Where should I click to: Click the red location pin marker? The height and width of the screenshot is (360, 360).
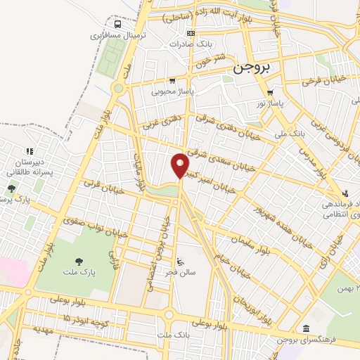(180, 165)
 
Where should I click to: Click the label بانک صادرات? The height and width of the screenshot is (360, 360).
(189, 44)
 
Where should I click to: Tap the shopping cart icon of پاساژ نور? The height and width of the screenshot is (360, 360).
(271, 92)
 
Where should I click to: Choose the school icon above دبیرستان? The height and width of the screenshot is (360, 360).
(30, 151)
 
